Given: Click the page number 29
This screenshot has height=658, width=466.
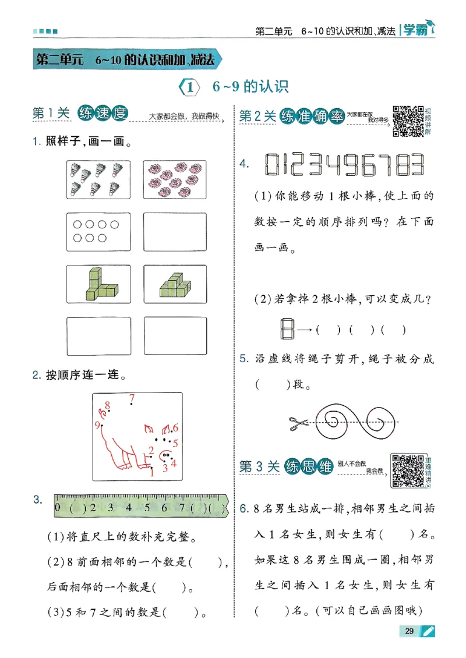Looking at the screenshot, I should [x=409, y=631].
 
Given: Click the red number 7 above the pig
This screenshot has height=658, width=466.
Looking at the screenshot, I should [x=132, y=399].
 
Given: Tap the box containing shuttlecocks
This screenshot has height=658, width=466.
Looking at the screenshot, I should [x=98, y=180].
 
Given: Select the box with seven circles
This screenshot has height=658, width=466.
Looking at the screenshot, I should [x=98, y=232].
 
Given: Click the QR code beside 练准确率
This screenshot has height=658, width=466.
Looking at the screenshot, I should [x=407, y=121].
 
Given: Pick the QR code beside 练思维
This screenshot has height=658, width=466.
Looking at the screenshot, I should [x=407, y=469].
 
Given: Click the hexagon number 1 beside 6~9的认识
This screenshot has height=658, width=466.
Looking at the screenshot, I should [x=190, y=87].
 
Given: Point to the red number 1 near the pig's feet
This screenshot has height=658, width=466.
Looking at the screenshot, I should [x=152, y=472].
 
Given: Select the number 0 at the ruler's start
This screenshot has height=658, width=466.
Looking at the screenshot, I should [x=58, y=507].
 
